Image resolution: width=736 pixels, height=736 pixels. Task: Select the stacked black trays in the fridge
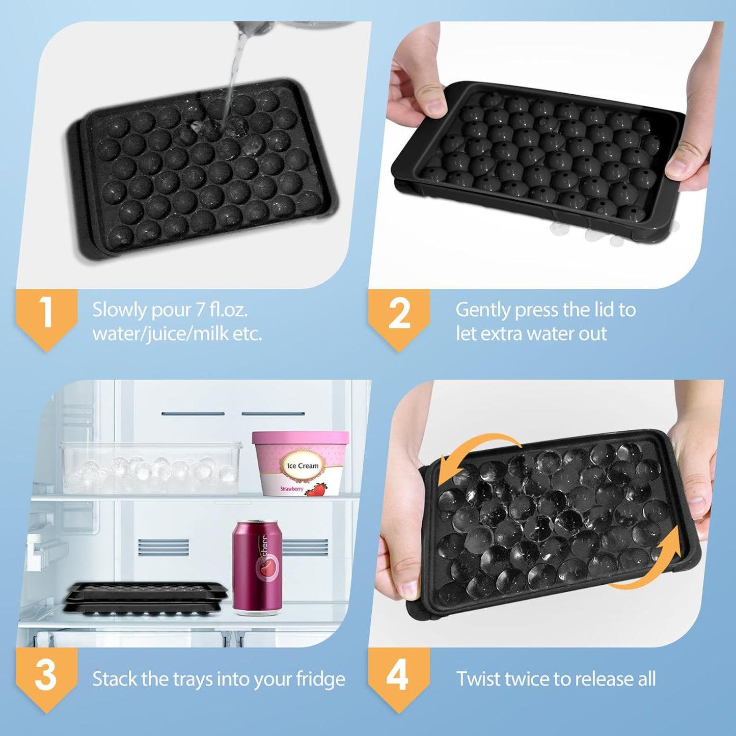(146, 598)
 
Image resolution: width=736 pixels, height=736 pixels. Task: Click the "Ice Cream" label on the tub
(303, 466)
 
